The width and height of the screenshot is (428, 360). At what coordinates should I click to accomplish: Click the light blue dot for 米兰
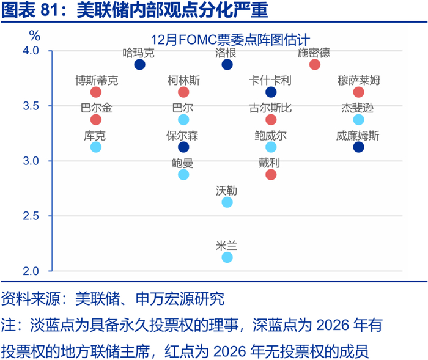click(227, 257)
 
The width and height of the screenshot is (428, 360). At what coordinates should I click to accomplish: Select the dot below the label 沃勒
click(227, 202)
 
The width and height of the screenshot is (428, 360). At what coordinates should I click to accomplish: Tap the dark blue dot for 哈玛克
click(139, 65)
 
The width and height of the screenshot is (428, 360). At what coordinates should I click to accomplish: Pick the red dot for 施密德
click(315, 65)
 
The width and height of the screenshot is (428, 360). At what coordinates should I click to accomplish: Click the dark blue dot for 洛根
click(227, 65)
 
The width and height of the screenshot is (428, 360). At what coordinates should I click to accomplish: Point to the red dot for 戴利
click(271, 175)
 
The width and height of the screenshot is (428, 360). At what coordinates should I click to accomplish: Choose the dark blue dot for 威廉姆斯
click(358, 147)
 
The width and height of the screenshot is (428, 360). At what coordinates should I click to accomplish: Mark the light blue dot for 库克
click(95, 147)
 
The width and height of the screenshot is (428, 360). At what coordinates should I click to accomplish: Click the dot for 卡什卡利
click(271, 92)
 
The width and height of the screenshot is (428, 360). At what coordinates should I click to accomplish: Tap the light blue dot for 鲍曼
click(183, 175)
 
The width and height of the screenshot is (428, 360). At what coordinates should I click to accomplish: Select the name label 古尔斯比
click(270, 108)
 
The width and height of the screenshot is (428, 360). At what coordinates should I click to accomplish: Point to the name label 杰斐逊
click(358, 108)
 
